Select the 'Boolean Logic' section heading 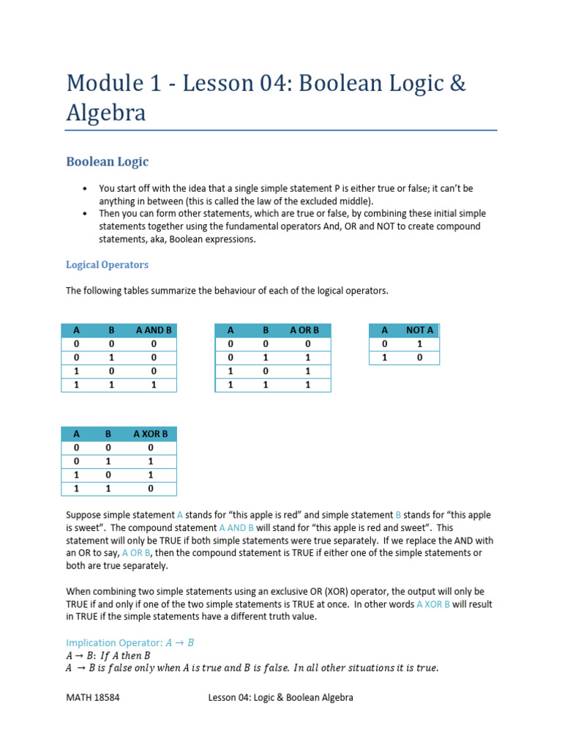point(107,161)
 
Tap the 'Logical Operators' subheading point(107,264)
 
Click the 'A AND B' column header point(154,330)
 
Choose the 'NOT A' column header point(419,330)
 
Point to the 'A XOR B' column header point(150,434)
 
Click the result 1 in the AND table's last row point(154,384)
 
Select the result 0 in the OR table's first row point(308,344)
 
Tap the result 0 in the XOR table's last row point(150,488)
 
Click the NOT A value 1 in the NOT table point(419,344)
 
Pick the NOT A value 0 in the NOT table point(419,357)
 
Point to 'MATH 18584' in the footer point(93,697)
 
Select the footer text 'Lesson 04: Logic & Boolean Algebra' point(280,697)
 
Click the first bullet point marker point(86,187)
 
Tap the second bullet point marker point(86,214)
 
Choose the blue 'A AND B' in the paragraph point(236,527)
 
